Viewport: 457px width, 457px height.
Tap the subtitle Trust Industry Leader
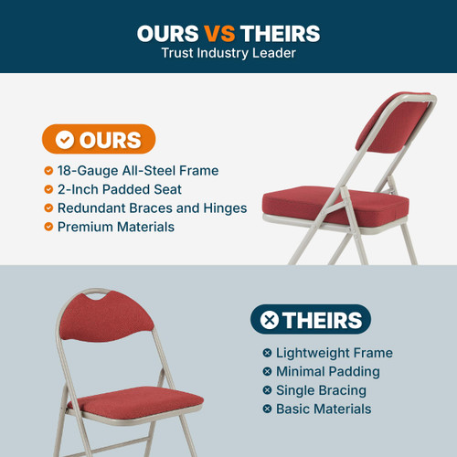pos(228,54)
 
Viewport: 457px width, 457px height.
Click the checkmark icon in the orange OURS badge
pos(65,140)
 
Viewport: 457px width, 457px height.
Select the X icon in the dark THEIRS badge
pos(270,320)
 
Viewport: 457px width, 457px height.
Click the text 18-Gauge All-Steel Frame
pos(138,170)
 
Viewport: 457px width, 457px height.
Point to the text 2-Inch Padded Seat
pos(120,189)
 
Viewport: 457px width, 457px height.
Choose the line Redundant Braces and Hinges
pos(152,208)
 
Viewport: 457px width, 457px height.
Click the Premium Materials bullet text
pos(116,227)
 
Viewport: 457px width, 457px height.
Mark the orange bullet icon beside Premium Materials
pos(48,227)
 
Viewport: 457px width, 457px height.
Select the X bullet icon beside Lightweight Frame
pos(267,353)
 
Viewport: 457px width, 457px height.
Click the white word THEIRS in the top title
pos(280,34)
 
